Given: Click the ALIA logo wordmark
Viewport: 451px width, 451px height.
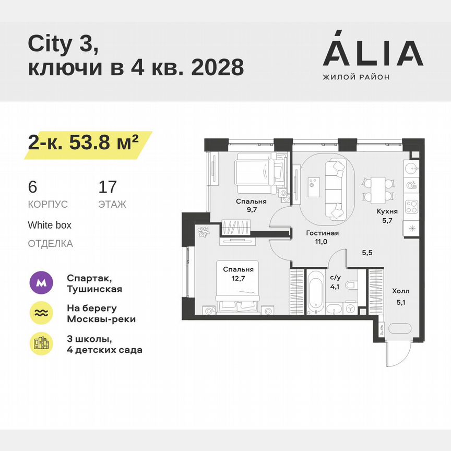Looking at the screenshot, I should click(373, 53).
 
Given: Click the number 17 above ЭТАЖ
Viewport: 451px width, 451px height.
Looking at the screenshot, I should click(108, 187).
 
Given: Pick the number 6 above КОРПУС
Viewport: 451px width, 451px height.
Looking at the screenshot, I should click(32, 187).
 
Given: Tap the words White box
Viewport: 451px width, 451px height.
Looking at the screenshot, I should click(50, 225).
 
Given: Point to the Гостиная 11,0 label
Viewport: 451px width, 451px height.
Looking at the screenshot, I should click(322, 238).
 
